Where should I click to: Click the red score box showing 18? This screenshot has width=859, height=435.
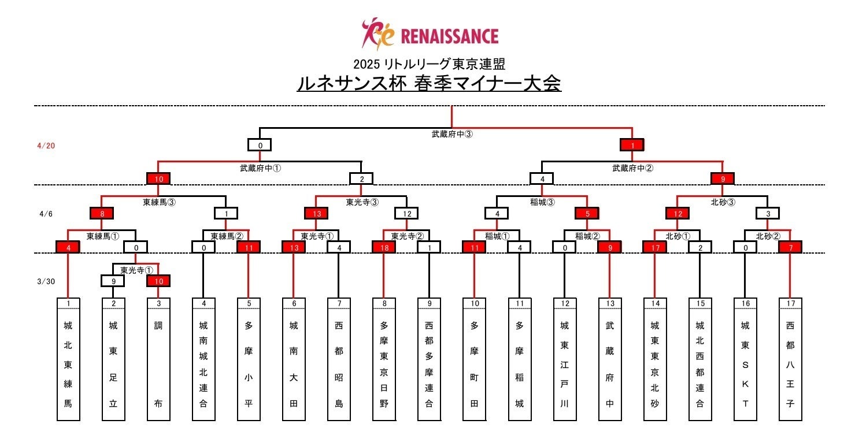[x=384, y=247]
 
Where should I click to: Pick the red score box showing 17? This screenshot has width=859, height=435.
[x=654, y=247]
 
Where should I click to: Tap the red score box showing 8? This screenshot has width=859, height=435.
[x=102, y=213]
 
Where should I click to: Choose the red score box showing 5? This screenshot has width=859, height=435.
[x=587, y=213]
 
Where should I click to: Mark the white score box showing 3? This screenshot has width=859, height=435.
[x=767, y=213]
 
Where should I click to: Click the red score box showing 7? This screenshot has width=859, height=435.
[x=790, y=247]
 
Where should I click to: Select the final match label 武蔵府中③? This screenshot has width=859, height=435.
[x=452, y=134]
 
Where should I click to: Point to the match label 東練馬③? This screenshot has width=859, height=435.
[x=159, y=202]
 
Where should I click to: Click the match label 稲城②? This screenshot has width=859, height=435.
[x=587, y=236]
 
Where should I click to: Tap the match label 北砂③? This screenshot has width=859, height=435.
[x=723, y=202]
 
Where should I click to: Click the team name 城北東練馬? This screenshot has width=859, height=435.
[x=68, y=364]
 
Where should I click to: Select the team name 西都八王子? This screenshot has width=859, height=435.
[x=790, y=364]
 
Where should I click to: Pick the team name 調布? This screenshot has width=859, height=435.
[x=158, y=364]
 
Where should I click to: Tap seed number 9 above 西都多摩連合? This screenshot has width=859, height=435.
[x=429, y=303]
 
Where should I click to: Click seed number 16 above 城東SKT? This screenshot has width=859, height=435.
[x=745, y=303]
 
